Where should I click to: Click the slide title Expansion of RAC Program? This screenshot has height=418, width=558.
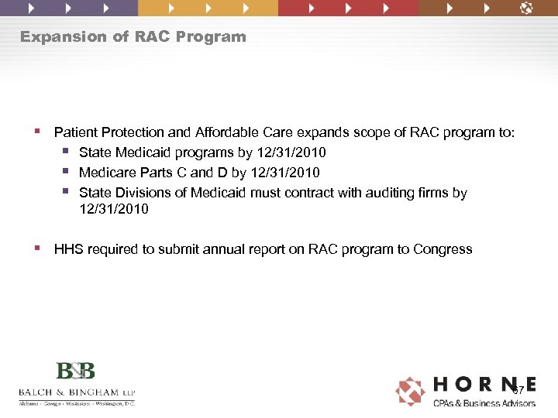coord(133,36)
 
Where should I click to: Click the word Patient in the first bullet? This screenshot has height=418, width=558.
coord(75,132)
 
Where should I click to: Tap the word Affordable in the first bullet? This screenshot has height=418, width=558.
coord(220,132)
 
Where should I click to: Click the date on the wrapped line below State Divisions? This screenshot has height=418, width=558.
coord(114,209)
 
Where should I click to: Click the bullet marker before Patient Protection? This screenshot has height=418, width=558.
coord(38,132)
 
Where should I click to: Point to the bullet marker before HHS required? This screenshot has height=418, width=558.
coord(38,249)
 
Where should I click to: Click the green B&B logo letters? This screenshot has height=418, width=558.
coord(75,371)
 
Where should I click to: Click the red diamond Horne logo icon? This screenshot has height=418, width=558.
coord(410,391)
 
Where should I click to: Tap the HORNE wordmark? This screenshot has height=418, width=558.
coord(484,385)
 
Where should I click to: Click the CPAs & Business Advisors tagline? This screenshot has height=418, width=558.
coord(484,403)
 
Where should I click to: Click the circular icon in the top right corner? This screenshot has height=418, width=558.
coord(526,9)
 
